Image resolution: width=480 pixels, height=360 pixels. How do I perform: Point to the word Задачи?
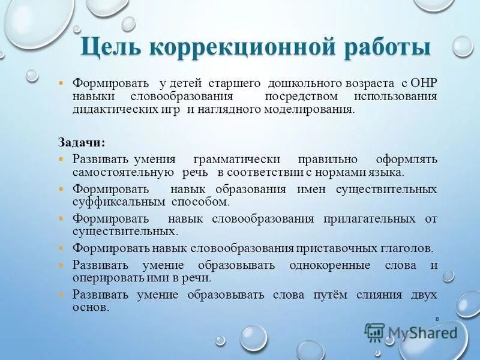coord(81,143)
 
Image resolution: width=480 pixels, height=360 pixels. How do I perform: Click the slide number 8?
coord(437,318)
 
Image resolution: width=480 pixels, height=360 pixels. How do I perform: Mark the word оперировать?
coord(105,277)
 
